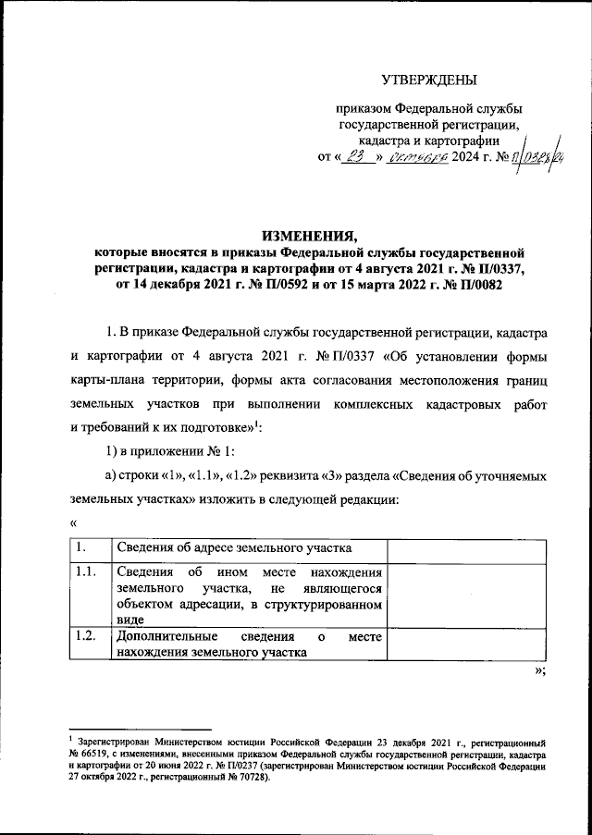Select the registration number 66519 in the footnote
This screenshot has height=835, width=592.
pyautogui.click(x=99, y=755)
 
